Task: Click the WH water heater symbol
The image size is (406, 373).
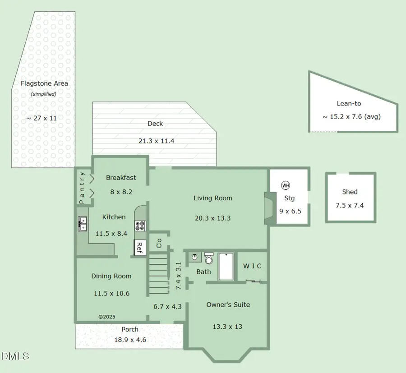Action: click(285, 185)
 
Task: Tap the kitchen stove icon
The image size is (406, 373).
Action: click(140, 226)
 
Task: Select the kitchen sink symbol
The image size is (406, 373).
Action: click(83, 224)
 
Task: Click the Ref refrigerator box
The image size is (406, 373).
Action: click(140, 247)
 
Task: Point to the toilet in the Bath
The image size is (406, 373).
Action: click(209, 258)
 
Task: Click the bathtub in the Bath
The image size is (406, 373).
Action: click(225, 267)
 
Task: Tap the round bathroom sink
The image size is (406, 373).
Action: click(194, 257)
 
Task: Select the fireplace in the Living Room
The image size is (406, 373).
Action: click(268, 208)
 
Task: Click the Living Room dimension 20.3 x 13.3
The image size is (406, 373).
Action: click(212, 218)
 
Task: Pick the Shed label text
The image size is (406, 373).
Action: click(350, 192)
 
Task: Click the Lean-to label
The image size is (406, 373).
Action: click(349, 104)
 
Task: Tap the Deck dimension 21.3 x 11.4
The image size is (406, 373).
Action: click(156, 141)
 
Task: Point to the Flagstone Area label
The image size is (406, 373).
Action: click(44, 83)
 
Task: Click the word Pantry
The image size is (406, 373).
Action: click(82, 188)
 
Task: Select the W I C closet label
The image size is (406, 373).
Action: click(252, 266)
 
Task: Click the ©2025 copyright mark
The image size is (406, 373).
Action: click(107, 317)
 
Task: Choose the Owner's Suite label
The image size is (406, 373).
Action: click(228, 305)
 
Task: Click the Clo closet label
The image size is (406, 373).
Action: click(159, 243)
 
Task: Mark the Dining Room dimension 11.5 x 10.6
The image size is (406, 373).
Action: click(111, 294)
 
